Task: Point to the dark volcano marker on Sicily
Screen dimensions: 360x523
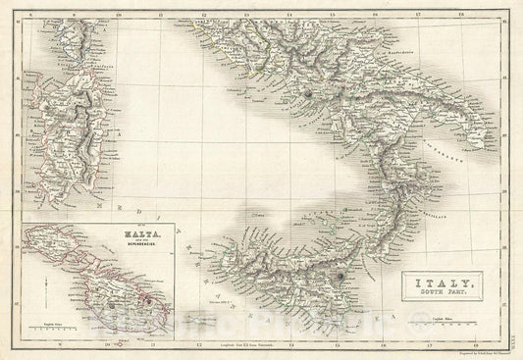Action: tap(339, 278)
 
